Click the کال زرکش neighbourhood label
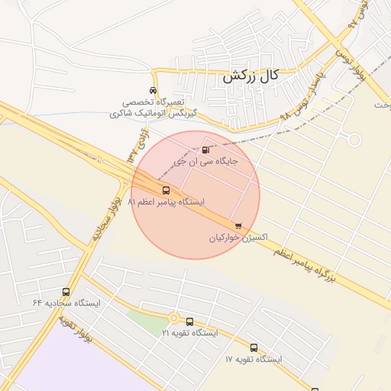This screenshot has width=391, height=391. [x=250, y=76]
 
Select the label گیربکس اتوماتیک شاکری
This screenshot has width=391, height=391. [x=154, y=112]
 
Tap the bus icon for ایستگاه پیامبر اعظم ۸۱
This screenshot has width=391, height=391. [x=166, y=189]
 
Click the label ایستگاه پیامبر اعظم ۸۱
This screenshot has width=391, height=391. [x=166, y=202]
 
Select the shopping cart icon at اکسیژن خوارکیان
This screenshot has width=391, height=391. [x=239, y=225]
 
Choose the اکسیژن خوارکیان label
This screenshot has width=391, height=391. [x=238, y=238]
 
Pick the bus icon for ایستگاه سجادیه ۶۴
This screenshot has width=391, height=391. [x=66, y=292]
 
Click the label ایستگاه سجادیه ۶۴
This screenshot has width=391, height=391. [x=66, y=303]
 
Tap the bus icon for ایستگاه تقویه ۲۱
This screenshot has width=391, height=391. [x=190, y=322]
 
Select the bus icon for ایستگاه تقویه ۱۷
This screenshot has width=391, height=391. [x=254, y=347]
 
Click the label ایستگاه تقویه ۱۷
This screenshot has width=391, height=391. [x=254, y=359]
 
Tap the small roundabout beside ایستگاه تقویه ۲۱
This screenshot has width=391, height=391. [x=174, y=317]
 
